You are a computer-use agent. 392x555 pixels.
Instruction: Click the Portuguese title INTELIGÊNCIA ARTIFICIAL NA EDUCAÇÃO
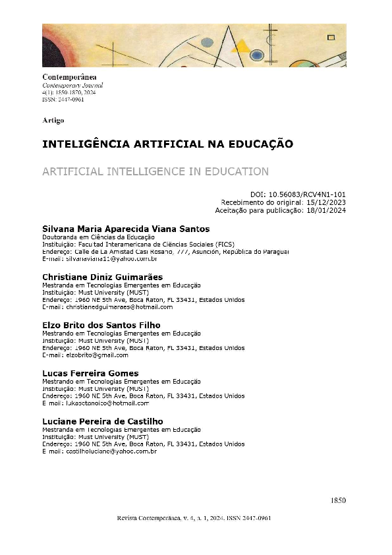[167, 144]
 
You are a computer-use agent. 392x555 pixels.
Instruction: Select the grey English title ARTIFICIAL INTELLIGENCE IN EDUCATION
[155, 172]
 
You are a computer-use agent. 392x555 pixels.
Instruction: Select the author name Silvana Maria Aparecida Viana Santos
[126, 229]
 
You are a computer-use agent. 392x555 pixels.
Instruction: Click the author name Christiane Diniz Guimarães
[102, 277]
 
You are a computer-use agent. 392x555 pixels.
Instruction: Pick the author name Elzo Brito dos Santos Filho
[101, 325]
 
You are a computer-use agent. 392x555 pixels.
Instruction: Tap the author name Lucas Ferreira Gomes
[90, 373]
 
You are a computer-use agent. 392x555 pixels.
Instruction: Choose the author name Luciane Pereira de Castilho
[102, 421]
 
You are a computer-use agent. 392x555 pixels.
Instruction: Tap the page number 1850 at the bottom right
[338, 501]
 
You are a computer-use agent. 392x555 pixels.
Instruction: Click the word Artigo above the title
[53, 121]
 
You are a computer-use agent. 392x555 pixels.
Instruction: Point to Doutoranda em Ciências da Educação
[98, 237]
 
